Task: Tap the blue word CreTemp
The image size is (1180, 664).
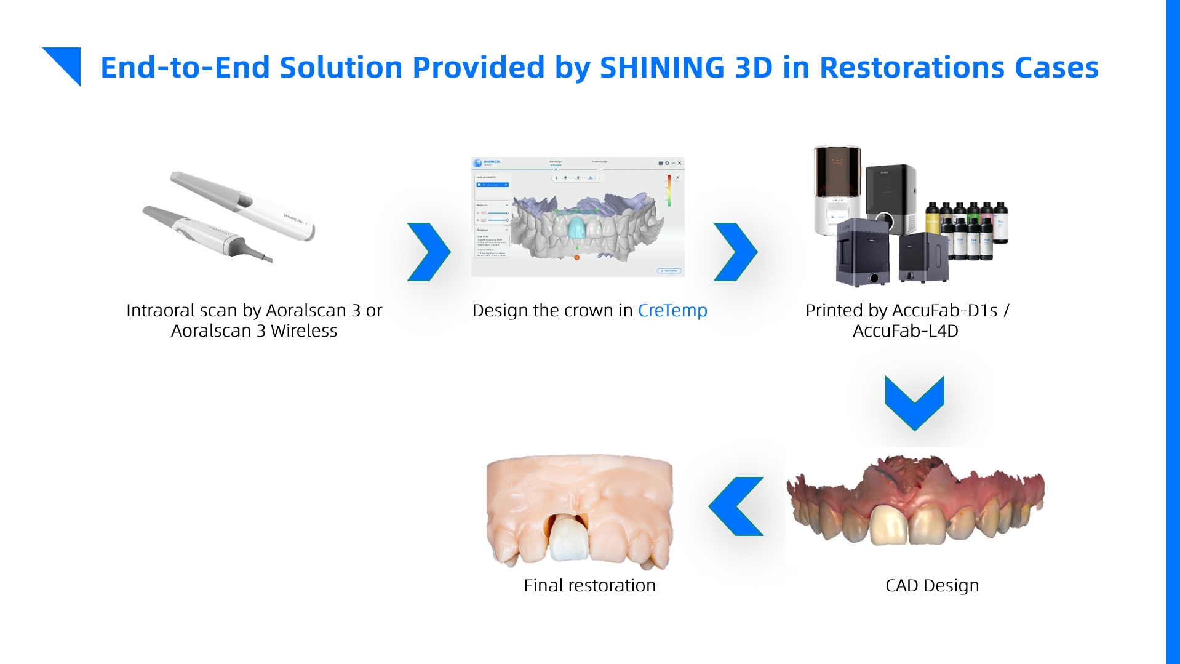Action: click(x=672, y=310)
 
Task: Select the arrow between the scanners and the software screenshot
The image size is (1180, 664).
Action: click(x=429, y=252)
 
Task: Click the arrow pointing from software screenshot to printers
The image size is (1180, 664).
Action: click(x=735, y=252)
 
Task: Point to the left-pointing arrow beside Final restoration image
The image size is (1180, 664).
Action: click(x=736, y=506)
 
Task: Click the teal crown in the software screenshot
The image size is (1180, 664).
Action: click(x=576, y=228)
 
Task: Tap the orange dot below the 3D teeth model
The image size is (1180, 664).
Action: click(x=577, y=257)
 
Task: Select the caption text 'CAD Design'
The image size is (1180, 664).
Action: click(x=931, y=585)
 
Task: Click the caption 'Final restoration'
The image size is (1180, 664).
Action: click(x=589, y=585)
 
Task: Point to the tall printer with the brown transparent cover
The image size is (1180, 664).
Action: click(x=837, y=188)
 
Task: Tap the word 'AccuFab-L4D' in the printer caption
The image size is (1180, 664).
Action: click(x=905, y=331)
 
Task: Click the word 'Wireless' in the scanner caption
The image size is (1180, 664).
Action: click(x=304, y=331)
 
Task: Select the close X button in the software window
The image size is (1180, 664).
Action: click(x=679, y=163)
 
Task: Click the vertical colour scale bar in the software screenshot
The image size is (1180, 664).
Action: click(x=669, y=190)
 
